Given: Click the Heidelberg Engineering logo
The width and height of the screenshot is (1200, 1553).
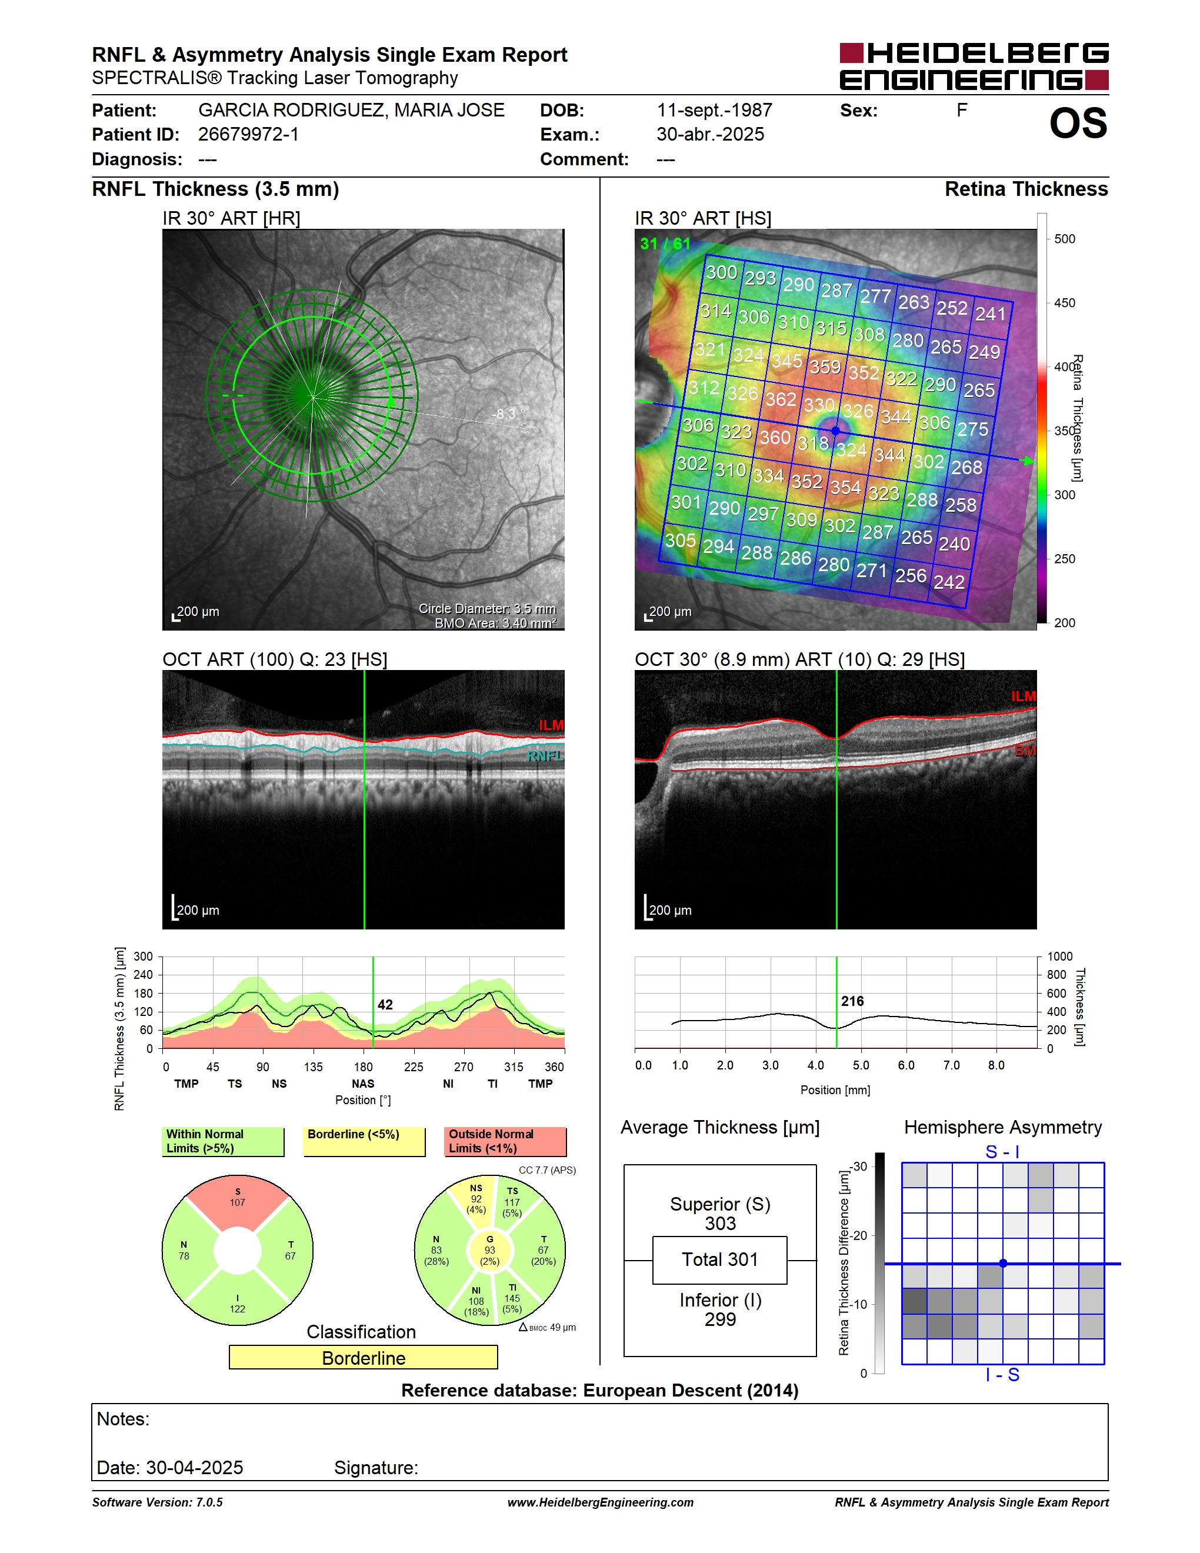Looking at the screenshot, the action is pyautogui.click(x=974, y=66).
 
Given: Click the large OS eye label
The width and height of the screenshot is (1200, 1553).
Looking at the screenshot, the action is pyautogui.click(x=1078, y=123).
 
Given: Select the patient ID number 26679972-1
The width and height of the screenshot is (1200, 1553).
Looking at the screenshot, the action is pyautogui.click(x=248, y=134).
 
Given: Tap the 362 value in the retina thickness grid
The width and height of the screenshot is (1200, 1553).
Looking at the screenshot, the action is pyautogui.click(x=780, y=399).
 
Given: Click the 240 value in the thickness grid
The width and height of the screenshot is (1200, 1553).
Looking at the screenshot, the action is pyautogui.click(x=954, y=544).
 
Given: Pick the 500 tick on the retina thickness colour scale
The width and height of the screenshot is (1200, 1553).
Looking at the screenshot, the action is pyautogui.click(x=1064, y=239).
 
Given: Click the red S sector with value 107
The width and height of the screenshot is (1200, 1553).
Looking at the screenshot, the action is pyautogui.click(x=238, y=1202).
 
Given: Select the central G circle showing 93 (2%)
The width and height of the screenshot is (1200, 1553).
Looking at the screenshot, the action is pyautogui.click(x=490, y=1249).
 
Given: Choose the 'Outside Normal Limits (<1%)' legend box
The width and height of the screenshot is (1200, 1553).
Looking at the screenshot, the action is pyautogui.click(x=505, y=1141).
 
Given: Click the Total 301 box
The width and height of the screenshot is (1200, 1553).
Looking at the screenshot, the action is pyautogui.click(x=719, y=1260).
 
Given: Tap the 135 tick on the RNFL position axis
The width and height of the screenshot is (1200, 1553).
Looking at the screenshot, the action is pyautogui.click(x=313, y=1067).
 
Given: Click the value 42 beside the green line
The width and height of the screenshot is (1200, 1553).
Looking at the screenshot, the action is pyautogui.click(x=385, y=1005).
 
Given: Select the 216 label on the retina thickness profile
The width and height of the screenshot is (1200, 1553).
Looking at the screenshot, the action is pyautogui.click(x=852, y=1001).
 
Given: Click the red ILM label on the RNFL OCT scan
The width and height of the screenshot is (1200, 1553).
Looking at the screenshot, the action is pyautogui.click(x=551, y=725).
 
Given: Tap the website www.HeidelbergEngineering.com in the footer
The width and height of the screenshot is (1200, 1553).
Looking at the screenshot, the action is pyautogui.click(x=601, y=1502).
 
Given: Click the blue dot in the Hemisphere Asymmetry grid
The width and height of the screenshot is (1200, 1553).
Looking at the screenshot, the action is pyautogui.click(x=1003, y=1264).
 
